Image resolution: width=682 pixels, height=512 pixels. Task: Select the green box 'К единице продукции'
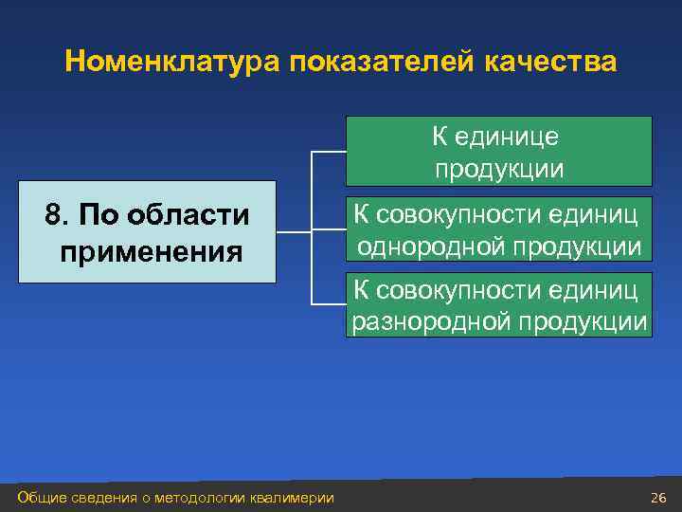pos(498,151)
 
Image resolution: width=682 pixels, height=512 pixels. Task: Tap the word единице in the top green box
pos(510,137)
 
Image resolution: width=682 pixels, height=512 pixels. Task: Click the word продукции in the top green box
pos(499,169)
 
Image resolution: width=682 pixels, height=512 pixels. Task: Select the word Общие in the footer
pos(40,498)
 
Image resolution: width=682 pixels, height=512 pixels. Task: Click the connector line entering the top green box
pos(329,152)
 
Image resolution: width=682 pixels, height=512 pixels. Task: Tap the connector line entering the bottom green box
pos(329,304)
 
